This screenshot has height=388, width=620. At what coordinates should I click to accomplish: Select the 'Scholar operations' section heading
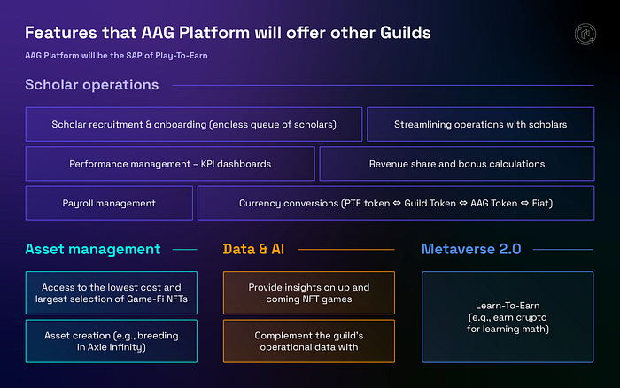coord(92,86)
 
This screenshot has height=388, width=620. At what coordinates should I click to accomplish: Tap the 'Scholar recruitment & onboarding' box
coord(194,125)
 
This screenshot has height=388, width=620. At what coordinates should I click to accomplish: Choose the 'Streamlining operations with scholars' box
coord(480,125)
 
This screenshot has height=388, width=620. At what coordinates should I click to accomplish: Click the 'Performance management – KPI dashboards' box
coord(170,164)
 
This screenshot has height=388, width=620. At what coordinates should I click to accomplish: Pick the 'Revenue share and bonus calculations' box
coord(456,164)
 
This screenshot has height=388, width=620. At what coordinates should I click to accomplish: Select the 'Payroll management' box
coord(109,203)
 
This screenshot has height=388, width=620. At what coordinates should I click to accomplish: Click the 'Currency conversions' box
coord(395,203)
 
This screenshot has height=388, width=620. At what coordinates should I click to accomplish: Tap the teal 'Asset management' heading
coord(93,249)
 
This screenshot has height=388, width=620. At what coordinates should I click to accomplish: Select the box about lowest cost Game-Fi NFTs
coord(111,293)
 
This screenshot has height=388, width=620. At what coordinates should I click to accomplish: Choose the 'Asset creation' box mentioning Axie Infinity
coord(111,341)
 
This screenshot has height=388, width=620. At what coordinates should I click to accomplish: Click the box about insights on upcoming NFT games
coord(308,293)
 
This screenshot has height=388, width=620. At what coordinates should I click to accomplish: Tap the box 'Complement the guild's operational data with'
coord(308,341)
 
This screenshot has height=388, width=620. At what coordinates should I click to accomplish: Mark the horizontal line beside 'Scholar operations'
coord(381,86)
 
